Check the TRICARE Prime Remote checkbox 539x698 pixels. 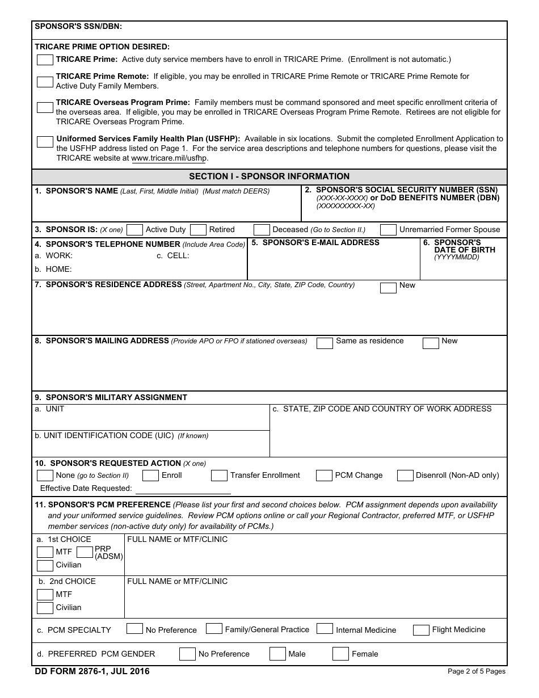tap(45, 81)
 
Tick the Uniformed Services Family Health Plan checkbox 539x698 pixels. tap(45, 142)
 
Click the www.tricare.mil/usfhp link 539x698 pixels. tap(169, 158)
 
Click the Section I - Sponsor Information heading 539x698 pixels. tap(269, 176)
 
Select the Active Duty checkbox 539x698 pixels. tap(134, 230)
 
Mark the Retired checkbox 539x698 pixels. tap(198, 230)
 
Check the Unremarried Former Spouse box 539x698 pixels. tap(388, 230)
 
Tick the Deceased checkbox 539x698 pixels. tap(262, 230)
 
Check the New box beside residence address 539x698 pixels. tap(388, 288)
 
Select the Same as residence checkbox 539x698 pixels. tap(325, 343)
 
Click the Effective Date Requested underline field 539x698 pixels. tap(183, 489)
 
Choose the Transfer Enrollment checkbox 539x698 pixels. tap(219, 476)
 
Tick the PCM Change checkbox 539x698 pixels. tap(324, 476)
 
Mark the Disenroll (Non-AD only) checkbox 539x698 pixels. tap(405, 476)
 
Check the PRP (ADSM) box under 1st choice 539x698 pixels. tap(85, 552)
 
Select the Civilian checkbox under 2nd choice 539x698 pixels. tap(45, 608)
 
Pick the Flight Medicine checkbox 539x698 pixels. tap(421, 630)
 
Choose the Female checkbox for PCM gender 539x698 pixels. tap(340, 654)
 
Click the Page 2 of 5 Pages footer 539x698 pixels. tap(476, 672)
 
